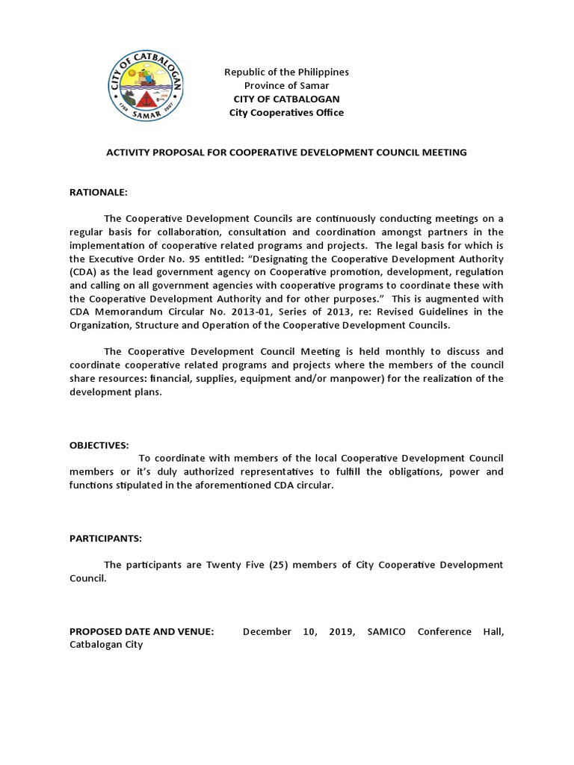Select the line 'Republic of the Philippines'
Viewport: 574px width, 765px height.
point(287,72)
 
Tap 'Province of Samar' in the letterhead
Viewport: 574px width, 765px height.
point(287,86)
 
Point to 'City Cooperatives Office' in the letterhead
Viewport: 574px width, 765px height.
point(287,113)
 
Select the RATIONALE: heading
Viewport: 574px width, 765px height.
point(99,193)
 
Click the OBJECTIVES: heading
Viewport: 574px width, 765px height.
point(99,445)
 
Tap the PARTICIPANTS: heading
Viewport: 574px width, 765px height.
point(105,538)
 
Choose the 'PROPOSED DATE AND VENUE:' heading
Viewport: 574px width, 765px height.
point(141,632)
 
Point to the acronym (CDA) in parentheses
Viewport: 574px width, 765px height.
point(83,272)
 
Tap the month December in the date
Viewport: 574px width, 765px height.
point(267,632)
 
